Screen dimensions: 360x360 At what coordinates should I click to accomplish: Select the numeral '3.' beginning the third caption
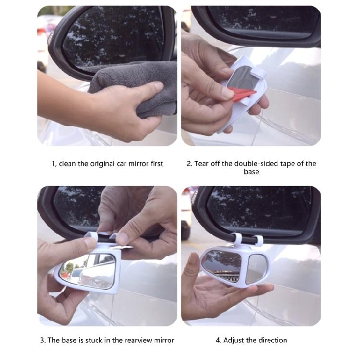click(x=43, y=340)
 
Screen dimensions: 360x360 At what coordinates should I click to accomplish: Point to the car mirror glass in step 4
click(x=259, y=211)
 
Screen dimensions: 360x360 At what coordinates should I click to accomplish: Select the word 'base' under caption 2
click(x=251, y=172)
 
